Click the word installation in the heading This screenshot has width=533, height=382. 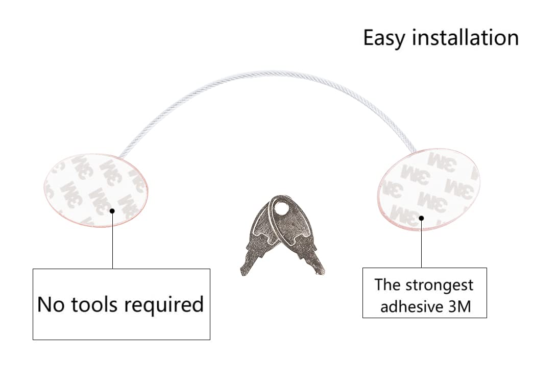coord(466,37)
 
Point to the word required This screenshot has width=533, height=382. coord(164,304)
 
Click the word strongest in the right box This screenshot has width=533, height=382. coord(440,285)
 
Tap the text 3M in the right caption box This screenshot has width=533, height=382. coord(459,307)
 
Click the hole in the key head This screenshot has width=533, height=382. coord(281,207)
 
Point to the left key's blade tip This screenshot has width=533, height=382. coord(243,272)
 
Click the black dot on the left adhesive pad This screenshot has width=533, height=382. coord(112,211)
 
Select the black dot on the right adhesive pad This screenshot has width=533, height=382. coord(422,218)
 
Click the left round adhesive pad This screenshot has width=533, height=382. coord(96,190)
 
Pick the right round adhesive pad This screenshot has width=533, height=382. coord(429,189)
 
